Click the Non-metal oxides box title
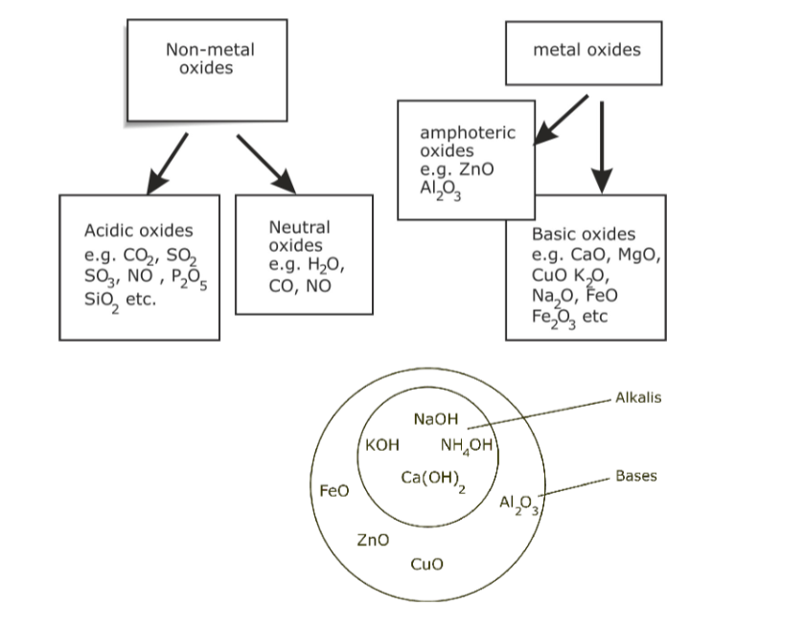pos(210,58)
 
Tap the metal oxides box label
pos(586,50)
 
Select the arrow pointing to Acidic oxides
pos(167,163)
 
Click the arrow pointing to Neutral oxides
pos(265,163)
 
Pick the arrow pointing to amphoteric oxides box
pos(560,120)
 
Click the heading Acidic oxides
pos(138,231)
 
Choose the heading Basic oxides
pos(583,234)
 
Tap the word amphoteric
pos(467,134)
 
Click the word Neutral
pos(299,227)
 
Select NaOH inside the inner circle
pos(436,419)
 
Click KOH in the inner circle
pos(382,445)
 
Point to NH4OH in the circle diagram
pos(466,445)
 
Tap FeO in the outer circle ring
pos(333,490)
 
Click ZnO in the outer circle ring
pos(372,540)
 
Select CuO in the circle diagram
pos(426,564)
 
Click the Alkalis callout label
pos(637,397)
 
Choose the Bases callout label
pos(635,476)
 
